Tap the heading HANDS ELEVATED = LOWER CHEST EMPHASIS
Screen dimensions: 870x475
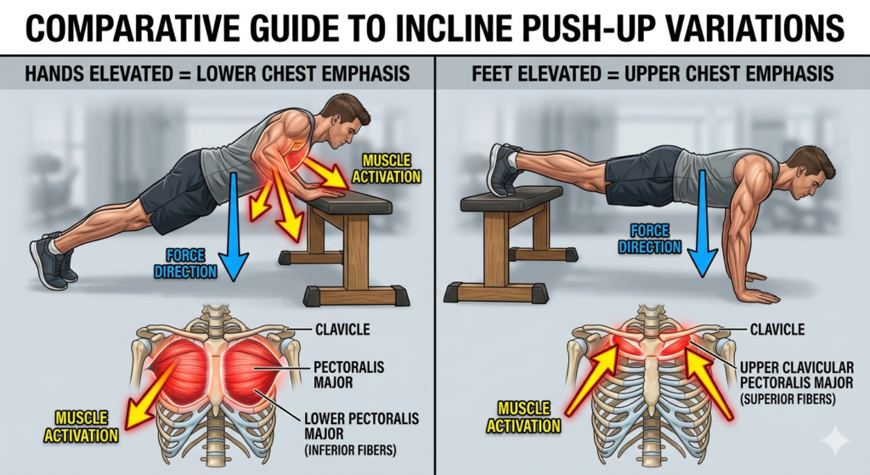click(x=217, y=73)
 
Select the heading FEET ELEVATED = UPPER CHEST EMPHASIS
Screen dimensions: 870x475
click(x=652, y=73)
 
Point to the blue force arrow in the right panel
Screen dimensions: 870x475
click(x=703, y=223)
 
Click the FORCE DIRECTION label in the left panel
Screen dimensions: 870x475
click(x=185, y=263)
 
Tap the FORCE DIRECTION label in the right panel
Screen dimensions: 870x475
click(x=650, y=239)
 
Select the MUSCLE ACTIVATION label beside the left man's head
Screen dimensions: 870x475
click(x=387, y=169)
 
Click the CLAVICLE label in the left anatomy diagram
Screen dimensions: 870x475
click(x=342, y=330)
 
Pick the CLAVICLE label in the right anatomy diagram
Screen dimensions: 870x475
click(x=777, y=330)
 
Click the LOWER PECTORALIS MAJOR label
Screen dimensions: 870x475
click(x=361, y=427)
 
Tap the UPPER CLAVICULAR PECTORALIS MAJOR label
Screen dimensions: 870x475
click(x=796, y=375)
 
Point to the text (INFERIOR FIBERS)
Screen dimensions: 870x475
click(x=350, y=450)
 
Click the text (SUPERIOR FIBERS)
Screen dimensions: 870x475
click(x=788, y=399)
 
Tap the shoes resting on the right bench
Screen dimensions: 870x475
click(x=504, y=169)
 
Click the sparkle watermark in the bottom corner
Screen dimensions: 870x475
click(x=835, y=441)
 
